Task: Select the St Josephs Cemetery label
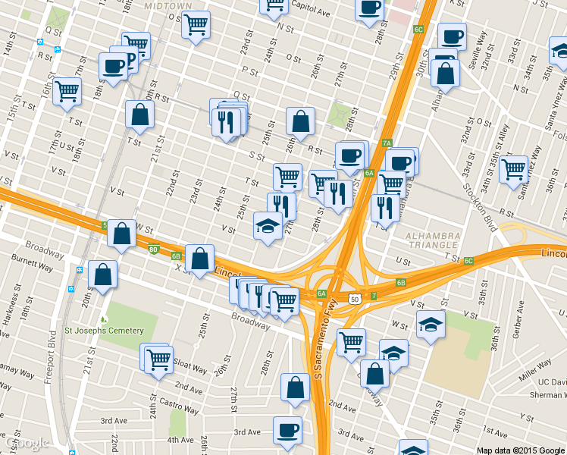click(104, 331)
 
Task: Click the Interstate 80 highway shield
click(154, 249)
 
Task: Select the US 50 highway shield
click(354, 300)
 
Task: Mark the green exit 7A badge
click(386, 143)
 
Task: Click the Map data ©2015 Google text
click(521, 450)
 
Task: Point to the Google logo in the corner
click(27, 442)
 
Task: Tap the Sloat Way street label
click(189, 367)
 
